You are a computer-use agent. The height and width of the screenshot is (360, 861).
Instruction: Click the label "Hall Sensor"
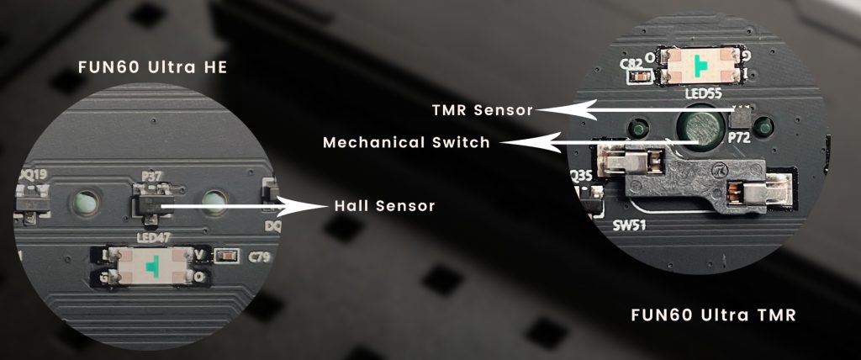click(384, 204)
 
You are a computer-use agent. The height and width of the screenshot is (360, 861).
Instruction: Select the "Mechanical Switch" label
click(406, 142)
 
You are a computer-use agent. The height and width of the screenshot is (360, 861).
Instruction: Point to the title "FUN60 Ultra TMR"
click(713, 315)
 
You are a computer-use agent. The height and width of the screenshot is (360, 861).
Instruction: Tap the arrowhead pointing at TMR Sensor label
click(551, 109)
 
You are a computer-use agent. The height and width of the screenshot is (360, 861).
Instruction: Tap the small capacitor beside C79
click(224, 256)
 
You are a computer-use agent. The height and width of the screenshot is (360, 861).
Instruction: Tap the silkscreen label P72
click(742, 135)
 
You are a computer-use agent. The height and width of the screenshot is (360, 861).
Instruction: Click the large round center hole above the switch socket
click(700, 129)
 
